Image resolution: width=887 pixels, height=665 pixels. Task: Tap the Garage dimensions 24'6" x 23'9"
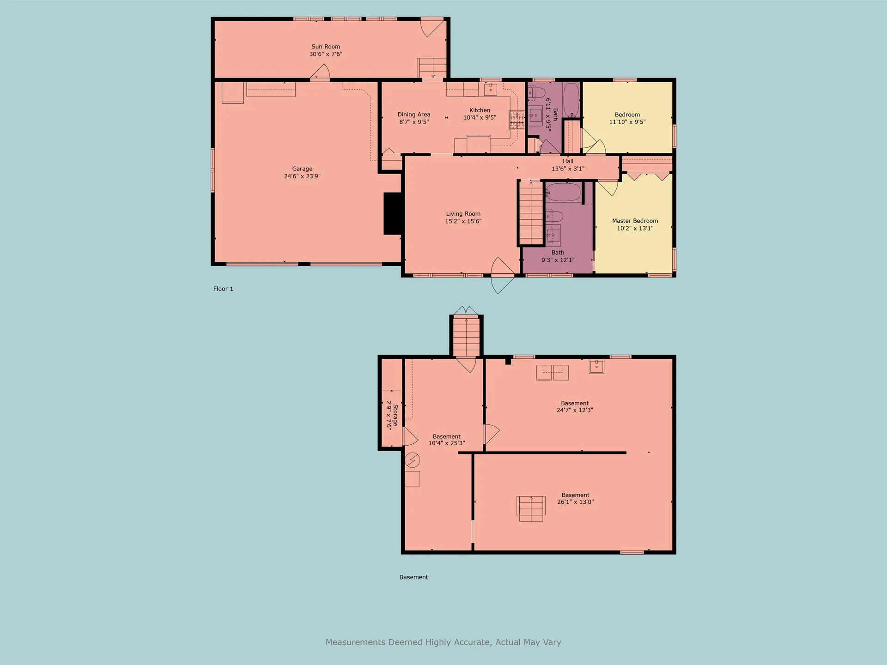click(302, 176)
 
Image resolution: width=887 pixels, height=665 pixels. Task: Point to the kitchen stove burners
click(517, 120)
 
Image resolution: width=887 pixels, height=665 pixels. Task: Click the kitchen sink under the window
click(490, 89)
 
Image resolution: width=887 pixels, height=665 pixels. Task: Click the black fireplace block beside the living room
click(392, 213)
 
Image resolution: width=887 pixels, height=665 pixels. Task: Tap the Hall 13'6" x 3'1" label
click(568, 165)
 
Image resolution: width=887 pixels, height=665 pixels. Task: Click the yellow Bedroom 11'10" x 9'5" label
click(627, 118)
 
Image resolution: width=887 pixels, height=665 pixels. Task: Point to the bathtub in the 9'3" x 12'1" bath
click(563, 192)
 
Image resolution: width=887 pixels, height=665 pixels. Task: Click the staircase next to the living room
click(531, 212)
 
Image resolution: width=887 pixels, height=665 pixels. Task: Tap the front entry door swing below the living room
click(503, 275)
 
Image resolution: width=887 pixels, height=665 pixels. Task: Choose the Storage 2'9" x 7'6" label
click(392, 416)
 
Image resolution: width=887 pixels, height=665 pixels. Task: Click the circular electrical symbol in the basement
click(412, 460)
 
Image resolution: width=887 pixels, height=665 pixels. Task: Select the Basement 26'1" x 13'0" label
click(575, 498)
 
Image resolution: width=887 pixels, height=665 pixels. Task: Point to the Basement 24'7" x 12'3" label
click(575, 406)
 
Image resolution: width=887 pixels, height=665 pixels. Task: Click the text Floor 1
click(223, 289)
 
